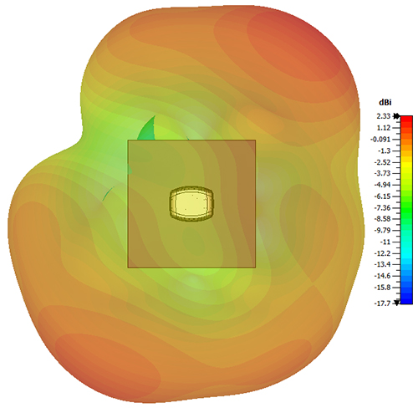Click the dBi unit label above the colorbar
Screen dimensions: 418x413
click(385, 103)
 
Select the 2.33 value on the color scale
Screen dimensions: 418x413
click(384, 116)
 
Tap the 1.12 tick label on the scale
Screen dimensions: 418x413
click(384, 128)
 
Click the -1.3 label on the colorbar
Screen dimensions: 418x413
click(384, 150)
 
